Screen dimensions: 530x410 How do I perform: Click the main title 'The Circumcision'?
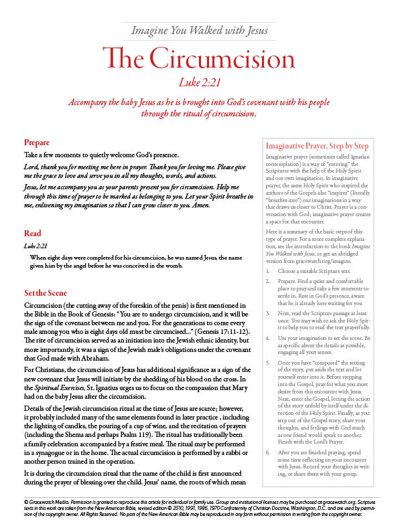[204, 60]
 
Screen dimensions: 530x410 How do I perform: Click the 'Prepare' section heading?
[36, 143]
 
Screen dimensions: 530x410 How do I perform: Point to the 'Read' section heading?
[32, 234]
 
